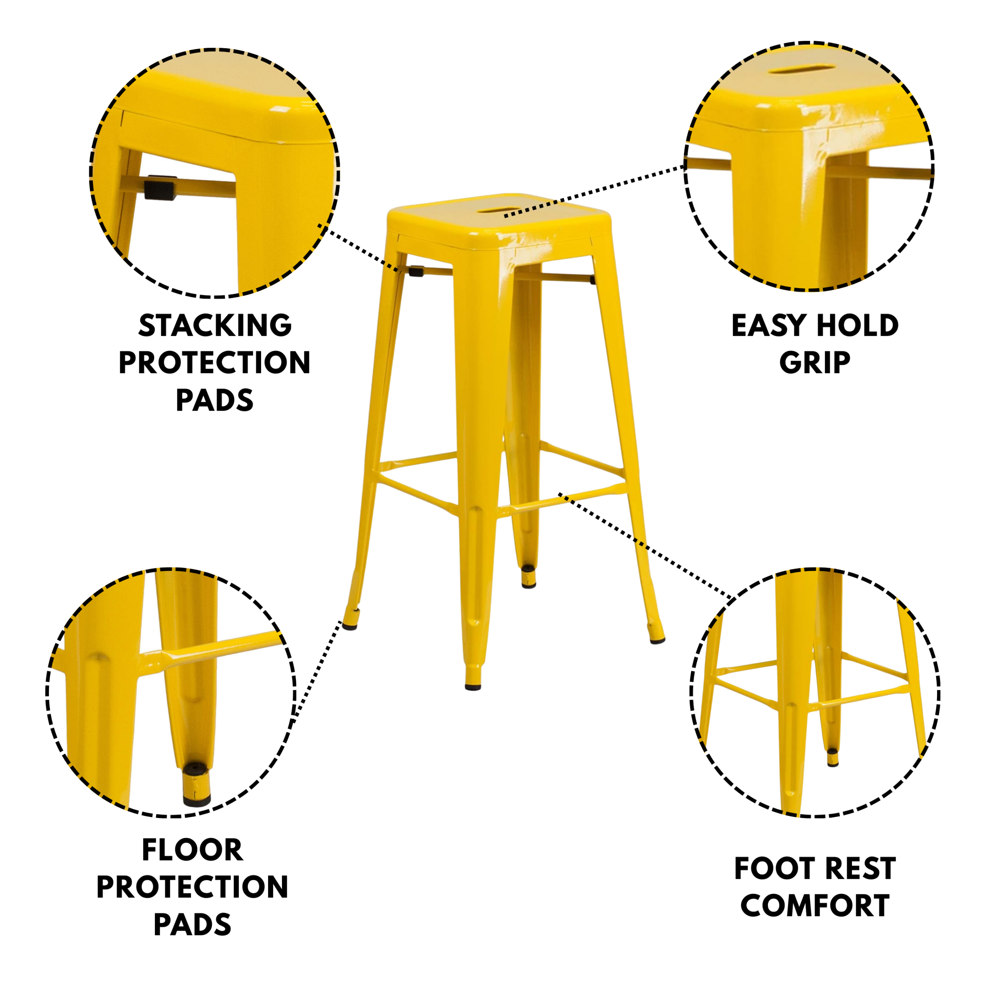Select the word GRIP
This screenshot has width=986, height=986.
point(815,363)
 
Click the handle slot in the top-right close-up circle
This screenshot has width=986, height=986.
point(802,69)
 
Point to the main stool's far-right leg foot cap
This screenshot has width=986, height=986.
point(657,639)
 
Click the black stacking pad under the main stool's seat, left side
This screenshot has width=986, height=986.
point(416,271)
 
